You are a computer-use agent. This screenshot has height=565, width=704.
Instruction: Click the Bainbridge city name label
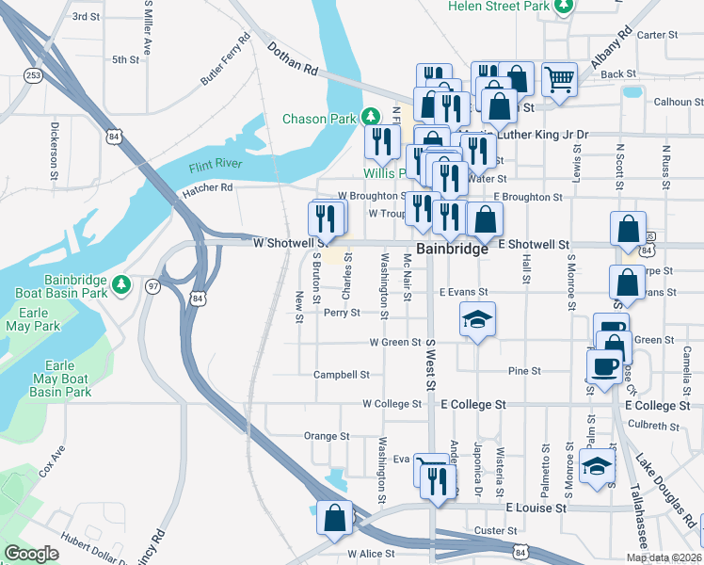tap(453, 250)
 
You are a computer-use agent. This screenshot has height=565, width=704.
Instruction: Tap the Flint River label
tap(216, 166)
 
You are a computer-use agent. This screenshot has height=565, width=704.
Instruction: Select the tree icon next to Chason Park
tap(372, 117)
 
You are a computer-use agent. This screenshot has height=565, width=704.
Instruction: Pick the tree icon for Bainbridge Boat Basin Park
tap(120, 283)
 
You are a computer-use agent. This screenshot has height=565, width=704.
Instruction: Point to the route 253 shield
tap(34, 75)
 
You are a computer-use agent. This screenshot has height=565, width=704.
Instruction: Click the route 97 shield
tap(152, 285)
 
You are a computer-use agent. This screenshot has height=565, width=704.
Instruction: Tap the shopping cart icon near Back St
tap(560, 78)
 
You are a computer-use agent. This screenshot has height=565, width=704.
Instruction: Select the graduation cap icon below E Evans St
tap(477, 318)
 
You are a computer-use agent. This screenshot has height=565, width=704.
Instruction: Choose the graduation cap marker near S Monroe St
tap(597, 464)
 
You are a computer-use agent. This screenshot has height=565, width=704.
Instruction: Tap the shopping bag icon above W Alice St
tap(335, 517)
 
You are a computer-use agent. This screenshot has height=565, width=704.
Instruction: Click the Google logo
tap(32, 554)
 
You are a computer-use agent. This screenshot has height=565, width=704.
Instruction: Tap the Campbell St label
tap(341, 374)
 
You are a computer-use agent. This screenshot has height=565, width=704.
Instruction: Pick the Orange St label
tap(327, 436)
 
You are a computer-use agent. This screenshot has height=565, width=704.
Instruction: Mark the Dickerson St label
tap(55, 149)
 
